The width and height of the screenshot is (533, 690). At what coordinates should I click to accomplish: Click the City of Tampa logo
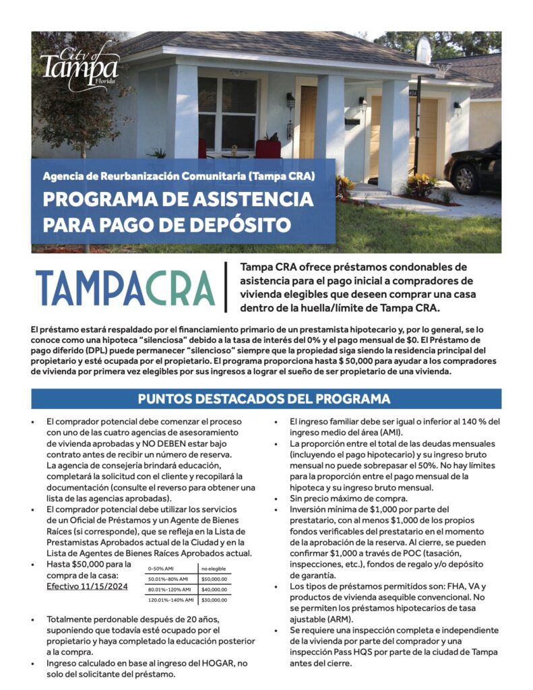(x=79, y=65)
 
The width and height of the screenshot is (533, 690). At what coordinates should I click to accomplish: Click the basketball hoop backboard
(x=423, y=51)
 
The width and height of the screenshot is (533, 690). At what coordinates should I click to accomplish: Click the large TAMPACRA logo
(x=125, y=288)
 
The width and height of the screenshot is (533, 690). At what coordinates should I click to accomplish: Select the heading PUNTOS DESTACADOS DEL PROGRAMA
(x=264, y=398)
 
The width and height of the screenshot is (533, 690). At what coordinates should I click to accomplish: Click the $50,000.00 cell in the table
(x=214, y=578)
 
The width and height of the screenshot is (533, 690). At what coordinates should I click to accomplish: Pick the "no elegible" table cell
(x=213, y=568)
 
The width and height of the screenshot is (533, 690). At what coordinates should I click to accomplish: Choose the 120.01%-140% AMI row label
(x=171, y=599)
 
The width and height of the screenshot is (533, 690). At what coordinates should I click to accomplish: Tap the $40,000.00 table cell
(x=214, y=589)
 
